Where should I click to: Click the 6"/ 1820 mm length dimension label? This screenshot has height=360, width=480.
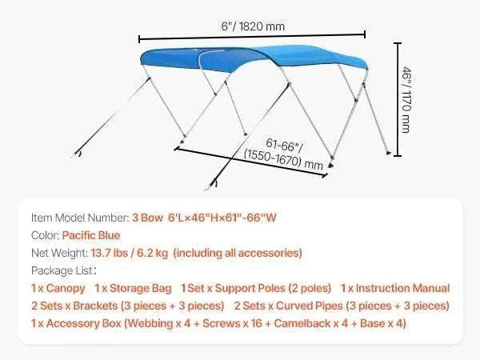(253, 26)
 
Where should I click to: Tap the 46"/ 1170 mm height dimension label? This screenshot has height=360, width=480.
(406, 100)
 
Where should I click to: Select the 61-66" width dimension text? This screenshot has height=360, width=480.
(284, 145)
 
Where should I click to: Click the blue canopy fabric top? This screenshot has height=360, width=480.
(254, 58)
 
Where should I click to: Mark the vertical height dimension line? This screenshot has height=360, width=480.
(398, 99)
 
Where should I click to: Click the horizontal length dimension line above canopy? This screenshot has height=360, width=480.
(252, 37)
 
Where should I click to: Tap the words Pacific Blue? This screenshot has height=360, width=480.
(91, 235)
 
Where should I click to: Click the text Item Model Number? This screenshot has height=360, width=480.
(80, 218)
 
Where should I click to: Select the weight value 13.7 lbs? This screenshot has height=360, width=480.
(110, 253)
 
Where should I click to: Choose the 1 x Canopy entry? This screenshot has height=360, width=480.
(58, 288)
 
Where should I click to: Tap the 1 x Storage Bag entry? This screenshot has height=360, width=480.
(133, 288)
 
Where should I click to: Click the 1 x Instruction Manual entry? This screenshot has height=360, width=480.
(395, 288)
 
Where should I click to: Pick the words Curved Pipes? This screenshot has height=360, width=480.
(309, 306)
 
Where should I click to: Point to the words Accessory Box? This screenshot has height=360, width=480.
(83, 323)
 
